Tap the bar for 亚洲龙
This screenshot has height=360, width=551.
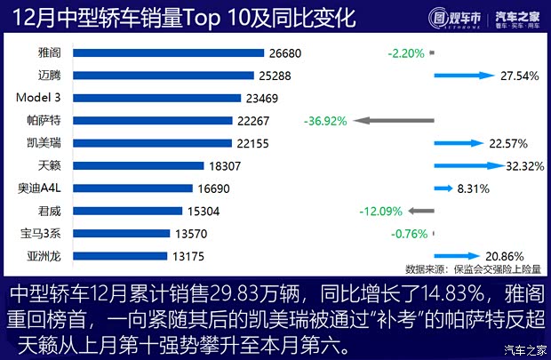click(121, 256)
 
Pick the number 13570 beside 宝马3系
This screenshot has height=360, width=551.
click(192, 234)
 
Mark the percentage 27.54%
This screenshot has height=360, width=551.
click(520, 76)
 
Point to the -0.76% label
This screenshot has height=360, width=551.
click(410, 235)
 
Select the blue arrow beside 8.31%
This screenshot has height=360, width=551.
click(443, 188)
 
